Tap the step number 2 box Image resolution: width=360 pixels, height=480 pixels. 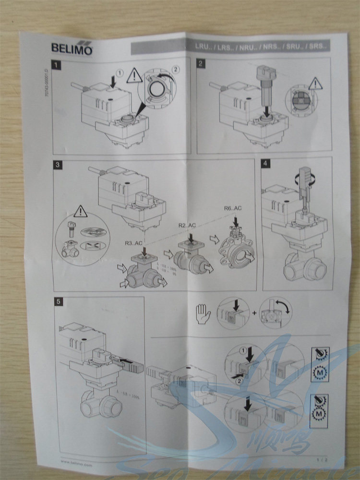pos(201,62)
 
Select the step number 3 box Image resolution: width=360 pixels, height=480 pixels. pos(58,164)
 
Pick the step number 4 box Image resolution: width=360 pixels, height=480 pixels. pos(265,162)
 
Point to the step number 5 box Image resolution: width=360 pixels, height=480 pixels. pos(58,301)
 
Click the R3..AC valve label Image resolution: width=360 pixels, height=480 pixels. pos(134,243)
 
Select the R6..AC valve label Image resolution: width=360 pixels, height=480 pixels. pos(233,208)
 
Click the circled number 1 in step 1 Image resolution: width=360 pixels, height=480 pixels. pos(120,72)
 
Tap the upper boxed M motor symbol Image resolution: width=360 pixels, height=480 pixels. pos(318,372)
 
